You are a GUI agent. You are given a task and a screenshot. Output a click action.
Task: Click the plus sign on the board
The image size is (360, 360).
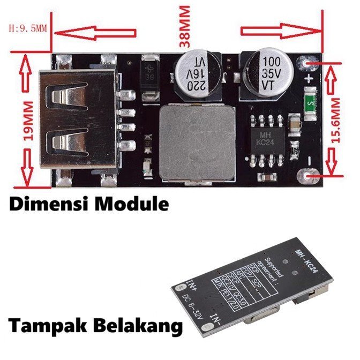click(x=309, y=79)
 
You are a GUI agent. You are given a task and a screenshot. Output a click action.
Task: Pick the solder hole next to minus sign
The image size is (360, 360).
click(x=309, y=176)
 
